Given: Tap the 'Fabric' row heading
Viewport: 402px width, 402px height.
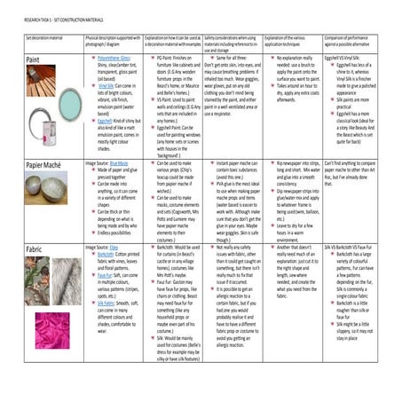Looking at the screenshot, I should click(x=36, y=250).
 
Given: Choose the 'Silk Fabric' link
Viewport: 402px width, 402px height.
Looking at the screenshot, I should click(x=99, y=302).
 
